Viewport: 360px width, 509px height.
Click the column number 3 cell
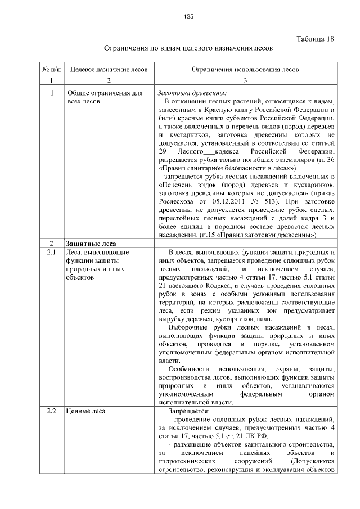[245, 81]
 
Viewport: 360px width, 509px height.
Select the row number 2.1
[51, 253]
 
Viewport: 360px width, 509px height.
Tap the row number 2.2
[51, 411]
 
